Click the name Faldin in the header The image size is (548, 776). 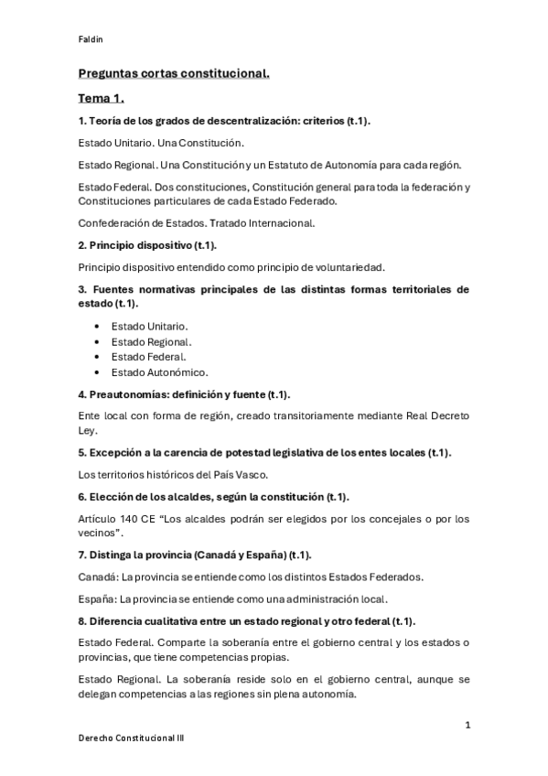[88, 40]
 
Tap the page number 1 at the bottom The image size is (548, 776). [467, 725]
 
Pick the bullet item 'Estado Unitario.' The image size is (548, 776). [150, 325]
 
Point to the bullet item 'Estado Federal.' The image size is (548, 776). [148, 356]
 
